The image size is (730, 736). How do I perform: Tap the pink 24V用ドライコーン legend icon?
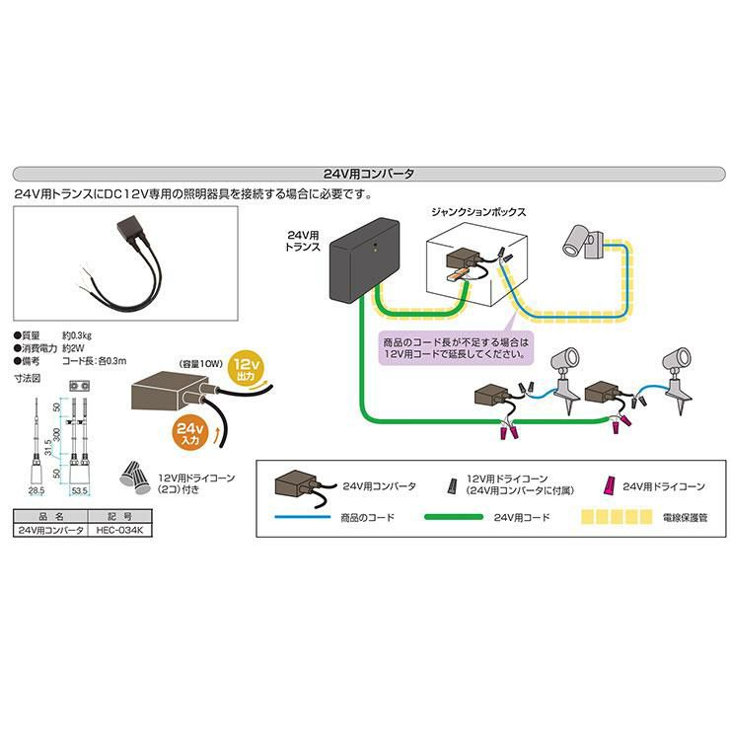pos(610,485)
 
